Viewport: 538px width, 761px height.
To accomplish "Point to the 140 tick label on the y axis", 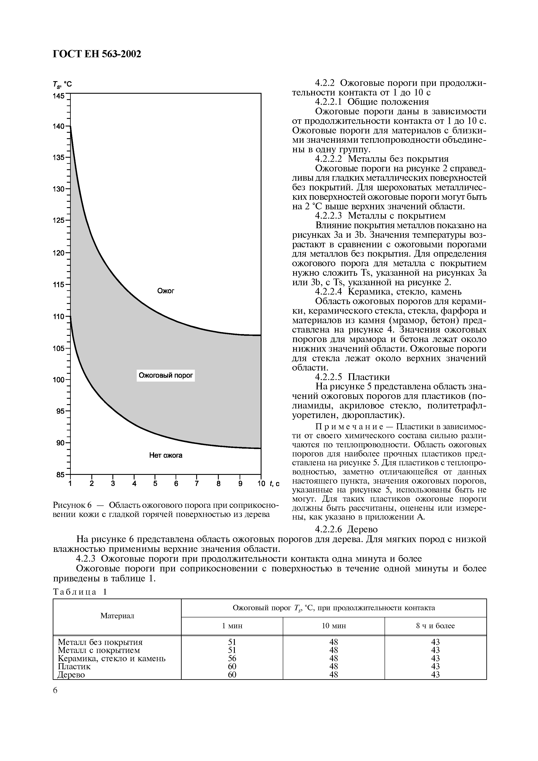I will pyautogui.click(x=59, y=126).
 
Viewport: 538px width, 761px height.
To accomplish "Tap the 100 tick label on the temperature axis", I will pyautogui.click(x=59, y=380).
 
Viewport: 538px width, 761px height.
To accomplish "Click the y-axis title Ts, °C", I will pyautogui.click(x=62, y=85).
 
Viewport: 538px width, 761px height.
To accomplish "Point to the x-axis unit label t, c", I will pyautogui.click(x=275, y=484).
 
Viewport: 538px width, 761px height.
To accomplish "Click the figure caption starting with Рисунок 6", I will pyautogui.click(x=165, y=509).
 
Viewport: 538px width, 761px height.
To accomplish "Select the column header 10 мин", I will pyautogui.click(x=334, y=626).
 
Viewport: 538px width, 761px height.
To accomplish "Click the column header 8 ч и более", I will pyautogui.click(x=435, y=626).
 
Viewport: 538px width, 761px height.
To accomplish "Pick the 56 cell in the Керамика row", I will pyautogui.click(x=232, y=658).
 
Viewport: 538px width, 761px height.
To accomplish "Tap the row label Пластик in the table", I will pyautogui.click(x=74, y=666).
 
